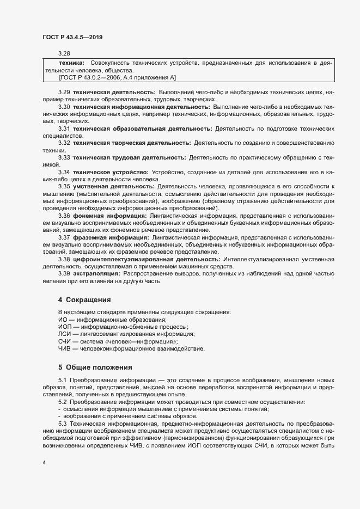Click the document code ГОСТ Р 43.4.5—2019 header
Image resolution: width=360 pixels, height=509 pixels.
(72, 37)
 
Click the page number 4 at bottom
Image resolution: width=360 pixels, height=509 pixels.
(44, 463)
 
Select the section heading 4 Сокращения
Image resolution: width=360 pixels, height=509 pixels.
(84, 299)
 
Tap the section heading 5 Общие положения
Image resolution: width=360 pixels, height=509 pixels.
(95, 367)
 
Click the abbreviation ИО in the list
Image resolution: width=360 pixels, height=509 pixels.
(63, 319)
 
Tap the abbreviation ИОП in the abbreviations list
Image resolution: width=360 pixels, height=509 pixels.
(64, 326)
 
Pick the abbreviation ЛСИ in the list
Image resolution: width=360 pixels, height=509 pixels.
(64, 334)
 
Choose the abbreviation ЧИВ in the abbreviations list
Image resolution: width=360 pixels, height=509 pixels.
(64, 348)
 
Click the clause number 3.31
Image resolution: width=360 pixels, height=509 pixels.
(64, 128)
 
